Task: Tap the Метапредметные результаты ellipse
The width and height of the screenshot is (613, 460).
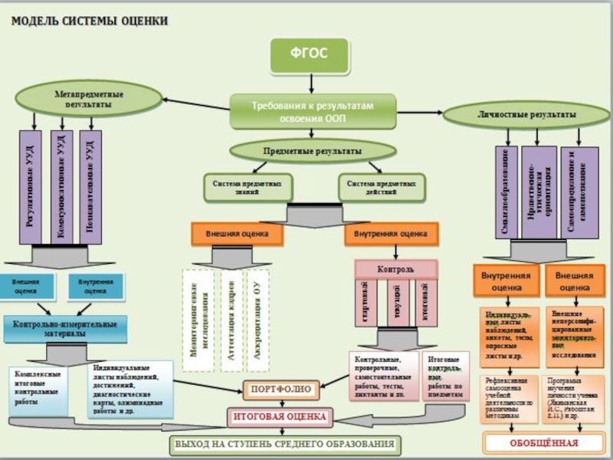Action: [x=89, y=99]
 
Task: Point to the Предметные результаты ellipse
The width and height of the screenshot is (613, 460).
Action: [x=306, y=151]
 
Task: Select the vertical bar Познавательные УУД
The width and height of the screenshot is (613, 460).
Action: [x=90, y=186]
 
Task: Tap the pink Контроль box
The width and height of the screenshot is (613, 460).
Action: [x=395, y=270]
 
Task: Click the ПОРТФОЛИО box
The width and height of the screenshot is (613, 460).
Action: [x=280, y=389]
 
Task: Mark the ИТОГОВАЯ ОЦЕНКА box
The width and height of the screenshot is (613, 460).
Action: [x=280, y=416]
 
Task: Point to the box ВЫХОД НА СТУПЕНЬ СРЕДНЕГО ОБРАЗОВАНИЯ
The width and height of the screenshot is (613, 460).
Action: [x=285, y=444]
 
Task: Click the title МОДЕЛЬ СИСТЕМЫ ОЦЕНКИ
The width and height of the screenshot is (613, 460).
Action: [x=89, y=21]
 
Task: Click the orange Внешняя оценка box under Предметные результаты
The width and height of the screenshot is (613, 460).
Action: [x=237, y=233]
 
